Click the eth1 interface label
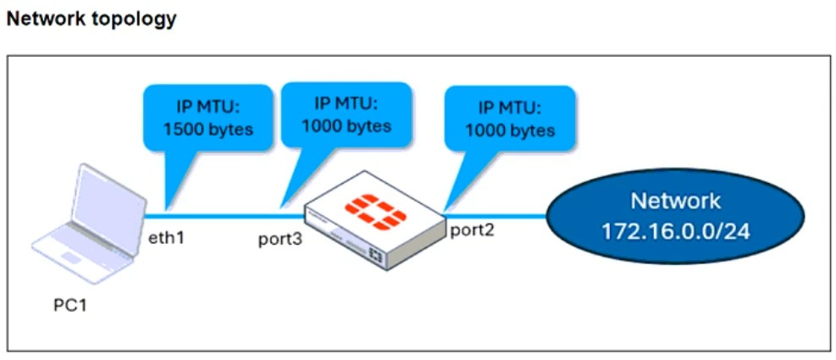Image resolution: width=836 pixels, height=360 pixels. (x=166, y=237)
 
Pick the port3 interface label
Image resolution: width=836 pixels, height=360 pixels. (x=280, y=239)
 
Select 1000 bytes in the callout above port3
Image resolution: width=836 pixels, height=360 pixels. (x=346, y=126)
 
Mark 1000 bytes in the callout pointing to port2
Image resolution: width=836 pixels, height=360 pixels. (x=510, y=130)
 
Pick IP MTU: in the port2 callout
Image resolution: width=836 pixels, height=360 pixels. (x=510, y=108)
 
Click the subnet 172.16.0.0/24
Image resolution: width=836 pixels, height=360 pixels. (x=675, y=230)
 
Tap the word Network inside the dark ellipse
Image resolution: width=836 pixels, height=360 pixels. (x=675, y=202)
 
